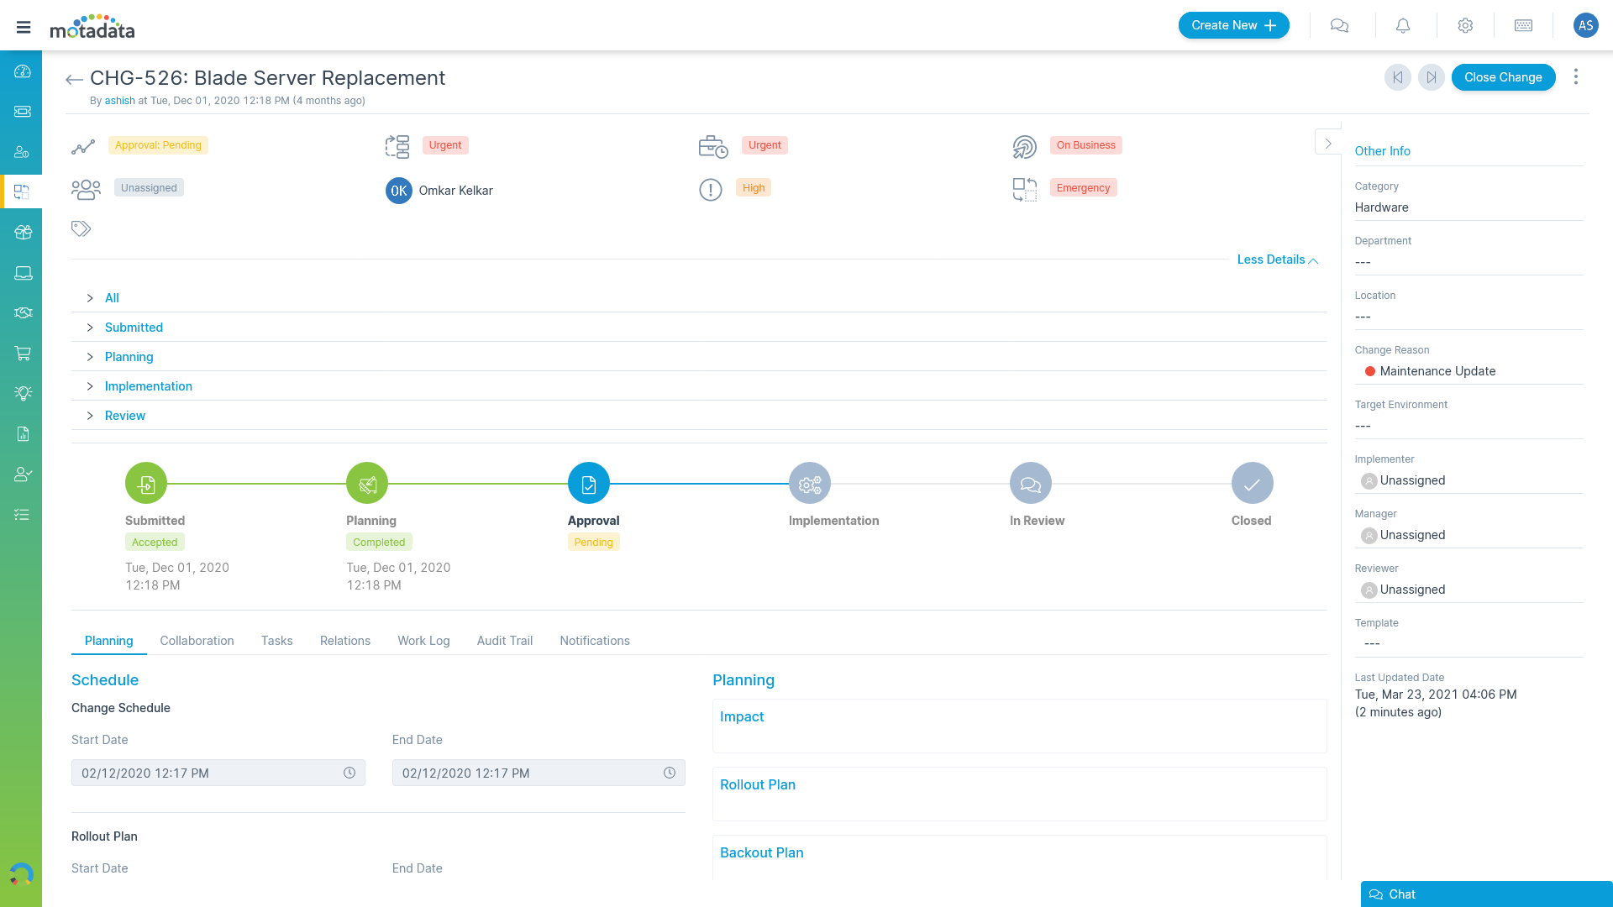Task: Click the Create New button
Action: pos(1233,25)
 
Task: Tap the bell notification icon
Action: pos(1403,26)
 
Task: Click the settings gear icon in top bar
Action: pos(1465,26)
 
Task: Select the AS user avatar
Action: pos(1585,25)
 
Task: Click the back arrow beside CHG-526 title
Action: pos(74,80)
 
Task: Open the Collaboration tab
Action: pos(197,641)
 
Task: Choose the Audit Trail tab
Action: pos(504,641)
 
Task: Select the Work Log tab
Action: pos(423,641)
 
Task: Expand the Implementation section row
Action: pos(148,386)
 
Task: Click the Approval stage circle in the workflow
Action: pos(588,484)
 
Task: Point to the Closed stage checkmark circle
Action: pos(1252,484)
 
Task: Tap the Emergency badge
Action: pos(1083,188)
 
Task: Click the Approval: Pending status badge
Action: pos(158,145)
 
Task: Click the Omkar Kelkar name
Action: pos(455,191)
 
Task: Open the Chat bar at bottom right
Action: pos(1485,894)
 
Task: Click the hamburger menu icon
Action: pos(24,27)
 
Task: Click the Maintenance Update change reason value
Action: pos(1437,371)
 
